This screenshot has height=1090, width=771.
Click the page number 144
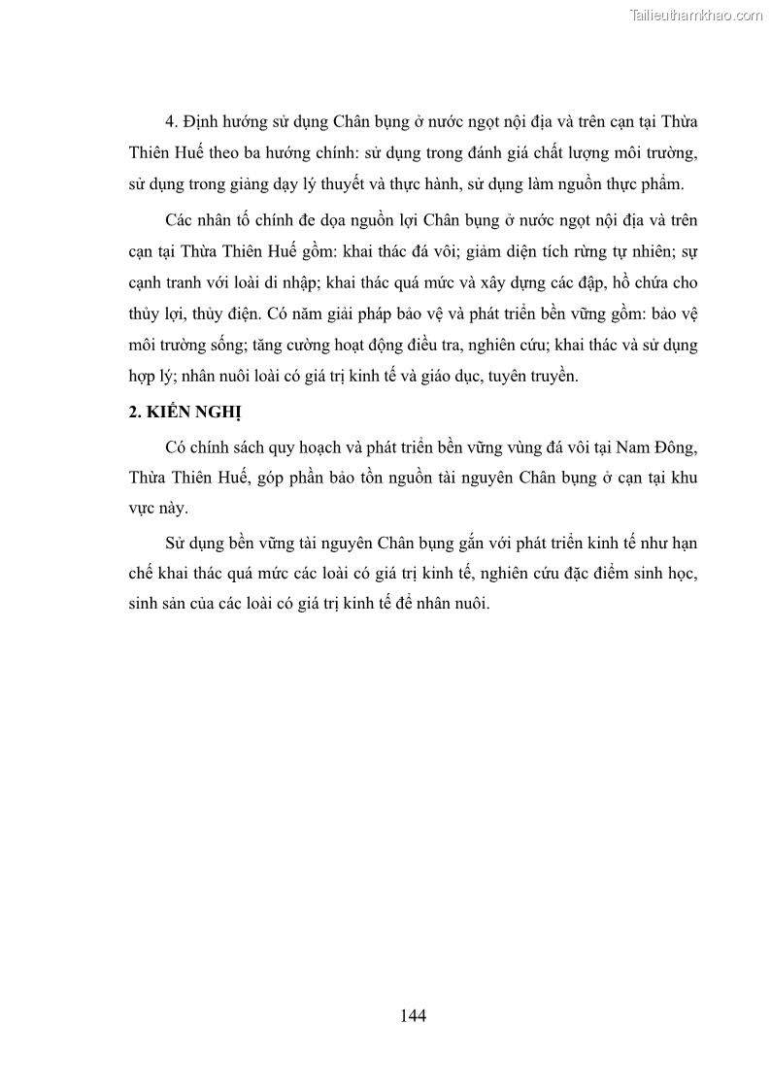point(413,1015)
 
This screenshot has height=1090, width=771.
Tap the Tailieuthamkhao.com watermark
point(696,15)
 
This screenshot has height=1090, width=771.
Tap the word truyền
point(553,375)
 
